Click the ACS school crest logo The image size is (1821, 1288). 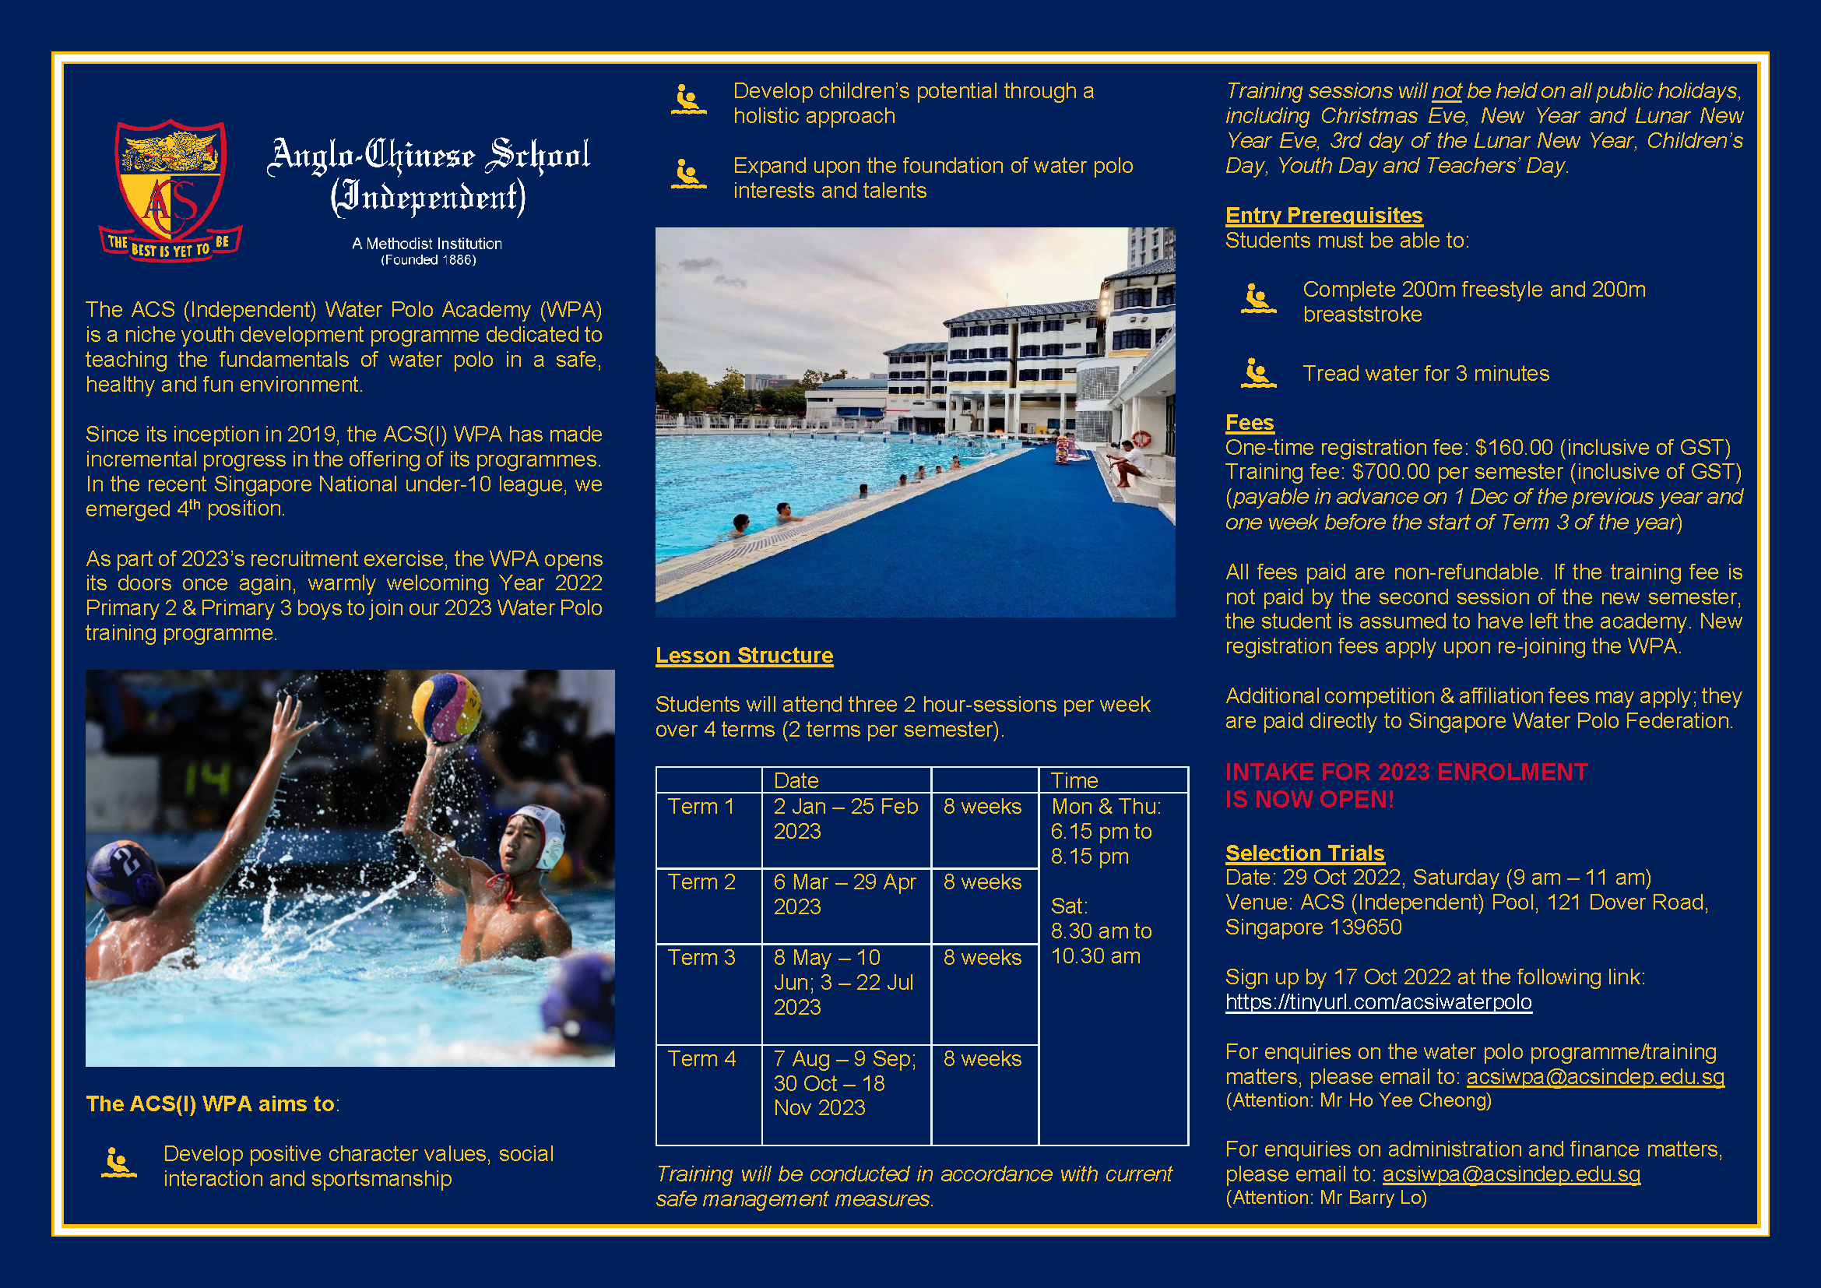170,190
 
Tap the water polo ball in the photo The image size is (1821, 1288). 447,705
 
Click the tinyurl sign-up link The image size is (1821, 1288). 1379,1001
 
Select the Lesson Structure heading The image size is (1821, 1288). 744,655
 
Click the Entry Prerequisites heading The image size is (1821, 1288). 1324,215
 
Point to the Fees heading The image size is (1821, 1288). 1249,422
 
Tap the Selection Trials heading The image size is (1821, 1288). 1305,853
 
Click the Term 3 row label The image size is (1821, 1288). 701,957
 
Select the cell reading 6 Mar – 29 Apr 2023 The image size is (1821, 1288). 845,894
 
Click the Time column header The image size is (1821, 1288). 1074,780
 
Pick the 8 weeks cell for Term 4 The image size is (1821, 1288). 983,1059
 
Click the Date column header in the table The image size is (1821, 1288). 796,780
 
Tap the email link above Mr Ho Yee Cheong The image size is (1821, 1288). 1595,1076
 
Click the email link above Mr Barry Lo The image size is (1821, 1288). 1511,1174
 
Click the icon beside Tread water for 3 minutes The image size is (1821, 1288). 1258,373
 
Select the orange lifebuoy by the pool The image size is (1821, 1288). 1141,438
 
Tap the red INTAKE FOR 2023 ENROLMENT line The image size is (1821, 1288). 1406,772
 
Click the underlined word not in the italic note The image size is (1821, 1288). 1446,91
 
